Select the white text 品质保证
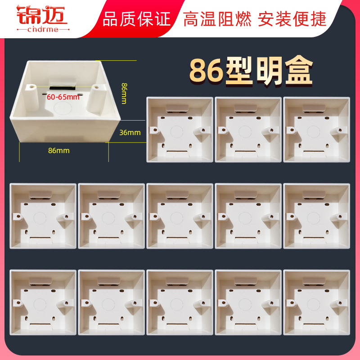click(x=136, y=19)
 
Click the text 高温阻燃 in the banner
click(x=218, y=19)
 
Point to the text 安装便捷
click(x=292, y=19)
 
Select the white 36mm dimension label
click(x=130, y=133)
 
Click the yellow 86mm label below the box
click(x=58, y=151)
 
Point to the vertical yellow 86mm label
click(x=124, y=92)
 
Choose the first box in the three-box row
click(x=180, y=130)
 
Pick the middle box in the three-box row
click(x=248, y=130)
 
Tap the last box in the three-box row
click(x=317, y=130)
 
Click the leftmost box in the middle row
click(x=43, y=216)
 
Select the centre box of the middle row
click(x=180, y=216)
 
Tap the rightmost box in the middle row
click(x=317, y=216)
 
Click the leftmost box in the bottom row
click(x=43, y=302)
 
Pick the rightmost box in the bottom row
click(x=317, y=302)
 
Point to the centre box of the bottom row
click(x=180, y=302)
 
